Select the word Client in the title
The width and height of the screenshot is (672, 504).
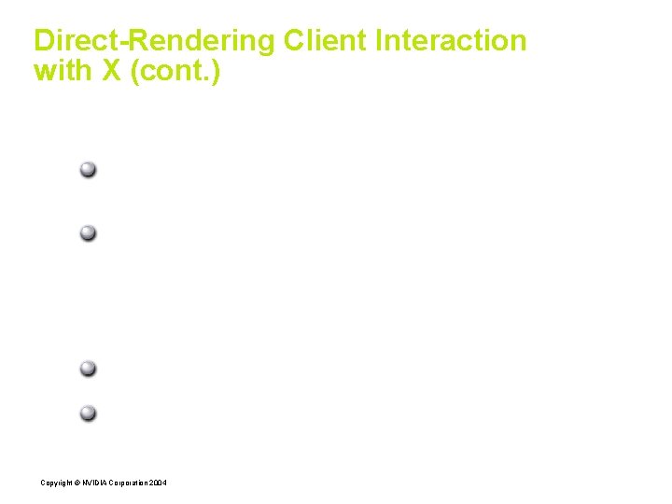[x=327, y=41]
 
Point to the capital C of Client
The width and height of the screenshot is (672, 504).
[x=293, y=41]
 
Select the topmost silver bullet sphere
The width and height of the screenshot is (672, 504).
[x=88, y=170]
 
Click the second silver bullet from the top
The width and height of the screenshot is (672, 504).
[x=88, y=232]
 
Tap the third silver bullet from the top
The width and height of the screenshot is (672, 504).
[x=88, y=368]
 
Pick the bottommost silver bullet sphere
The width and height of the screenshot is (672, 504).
[x=88, y=413]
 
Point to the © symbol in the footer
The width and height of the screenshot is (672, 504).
[x=77, y=483]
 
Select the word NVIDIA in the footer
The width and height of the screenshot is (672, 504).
[x=93, y=483]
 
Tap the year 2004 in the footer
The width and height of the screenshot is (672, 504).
[x=159, y=483]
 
